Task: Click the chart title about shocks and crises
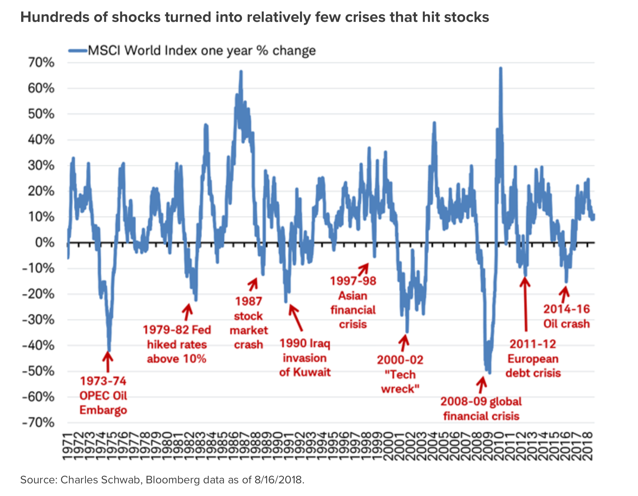pos(254,17)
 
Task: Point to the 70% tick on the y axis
pos(41,63)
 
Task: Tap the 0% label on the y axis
pos(45,242)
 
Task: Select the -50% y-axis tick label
pos(38,371)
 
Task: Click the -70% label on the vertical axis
pos(38,423)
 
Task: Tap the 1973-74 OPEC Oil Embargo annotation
pos(103,396)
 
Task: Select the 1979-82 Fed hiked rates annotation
pos(177,344)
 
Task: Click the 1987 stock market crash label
pos(249,323)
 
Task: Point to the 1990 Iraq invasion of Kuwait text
pos(305,358)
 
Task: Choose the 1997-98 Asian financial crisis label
pos(353,302)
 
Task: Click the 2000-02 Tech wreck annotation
pos(400,374)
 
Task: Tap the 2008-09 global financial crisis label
pos(481,409)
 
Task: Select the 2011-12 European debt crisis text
pos(533,359)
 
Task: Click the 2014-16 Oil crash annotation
pos(567,316)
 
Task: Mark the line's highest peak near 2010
pos(501,68)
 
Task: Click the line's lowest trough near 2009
pos(490,373)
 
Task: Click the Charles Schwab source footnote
pos(162,480)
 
